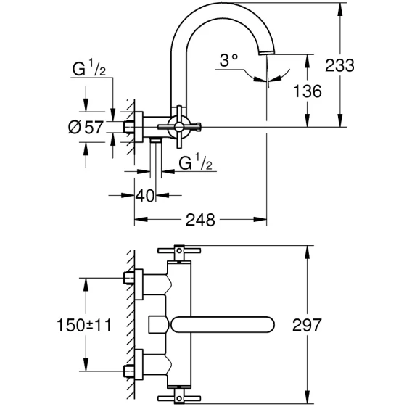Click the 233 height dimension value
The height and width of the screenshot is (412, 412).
point(339,65)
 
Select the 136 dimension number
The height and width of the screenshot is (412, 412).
point(307,91)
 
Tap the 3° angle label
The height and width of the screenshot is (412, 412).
point(228,60)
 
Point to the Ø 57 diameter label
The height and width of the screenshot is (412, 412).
point(86,128)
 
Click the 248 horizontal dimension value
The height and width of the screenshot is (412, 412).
point(200,220)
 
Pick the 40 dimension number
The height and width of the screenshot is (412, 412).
point(145,196)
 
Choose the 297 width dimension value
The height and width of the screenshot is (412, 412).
point(307,325)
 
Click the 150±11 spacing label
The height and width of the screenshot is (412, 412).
point(84,325)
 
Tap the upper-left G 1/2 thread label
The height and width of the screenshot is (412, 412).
point(88,67)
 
